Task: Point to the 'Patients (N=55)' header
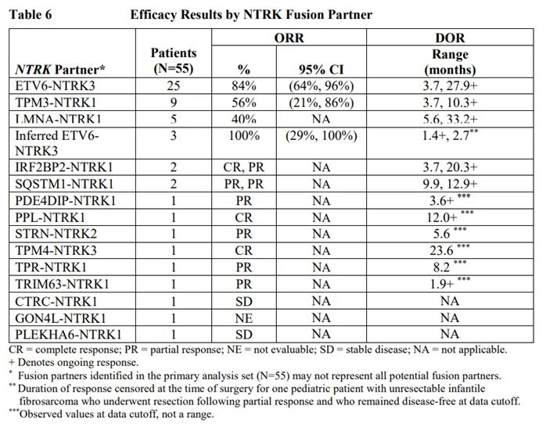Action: click(x=173, y=60)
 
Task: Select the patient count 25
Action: click(x=174, y=86)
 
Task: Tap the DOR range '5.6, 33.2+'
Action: click(x=450, y=119)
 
